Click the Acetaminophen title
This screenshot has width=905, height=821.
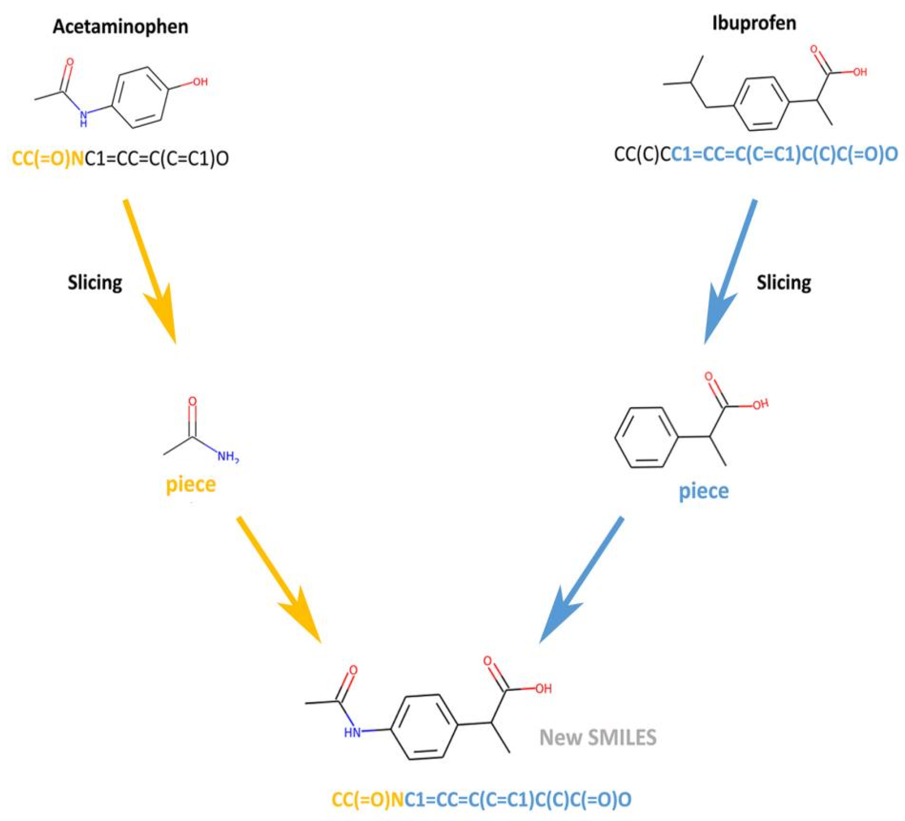[x=120, y=27]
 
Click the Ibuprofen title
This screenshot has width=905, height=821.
[x=754, y=23]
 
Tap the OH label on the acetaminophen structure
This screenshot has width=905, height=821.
[x=200, y=82]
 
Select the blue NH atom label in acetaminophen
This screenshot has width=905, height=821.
[x=83, y=118]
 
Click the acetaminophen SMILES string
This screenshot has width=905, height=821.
[x=120, y=158]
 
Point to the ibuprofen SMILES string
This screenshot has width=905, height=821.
[x=756, y=154]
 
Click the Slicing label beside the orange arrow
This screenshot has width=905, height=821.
[x=95, y=283]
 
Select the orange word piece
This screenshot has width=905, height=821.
[x=191, y=485]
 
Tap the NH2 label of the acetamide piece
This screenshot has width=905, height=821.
[x=228, y=457]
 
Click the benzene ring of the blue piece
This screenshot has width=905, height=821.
[x=645, y=437]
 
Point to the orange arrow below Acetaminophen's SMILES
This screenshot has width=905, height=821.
[x=150, y=270]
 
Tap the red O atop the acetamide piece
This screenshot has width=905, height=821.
[x=192, y=401]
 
